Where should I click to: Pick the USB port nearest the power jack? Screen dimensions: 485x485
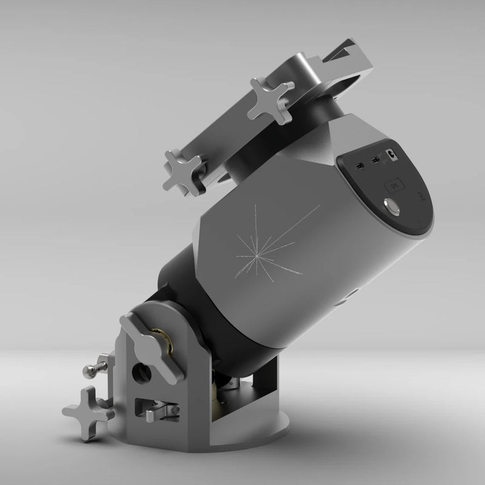tap(376, 160)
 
